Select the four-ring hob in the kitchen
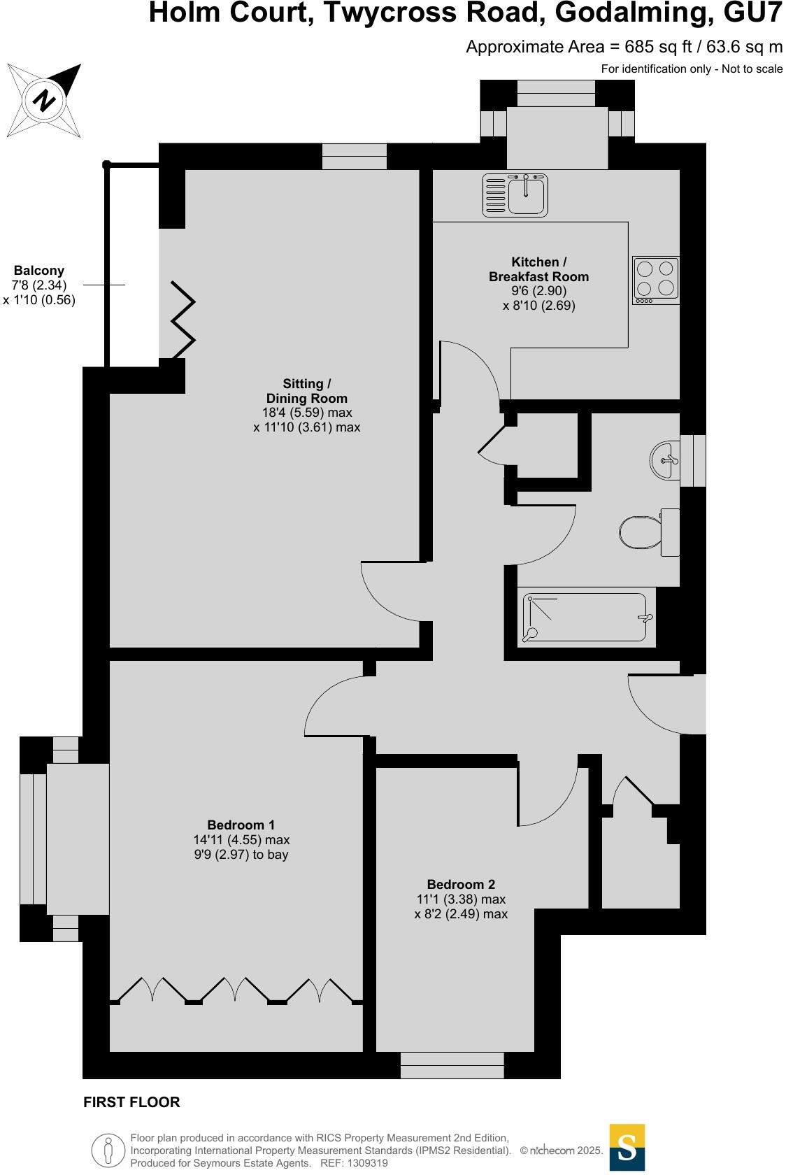(655, 280)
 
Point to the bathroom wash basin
(664, 460)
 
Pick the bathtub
(586, 618)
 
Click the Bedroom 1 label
(241, 825)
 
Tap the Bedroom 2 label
(461, 884)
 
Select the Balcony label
(39, 271)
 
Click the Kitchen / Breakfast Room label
(538, 269)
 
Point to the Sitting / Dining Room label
(306, 391)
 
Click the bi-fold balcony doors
(182, 320)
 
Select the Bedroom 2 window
(452, 1065)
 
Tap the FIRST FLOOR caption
(131, 1102)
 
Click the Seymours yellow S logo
(627, 1148)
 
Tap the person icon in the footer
(108, 1149)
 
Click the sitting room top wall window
(355, 156)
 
